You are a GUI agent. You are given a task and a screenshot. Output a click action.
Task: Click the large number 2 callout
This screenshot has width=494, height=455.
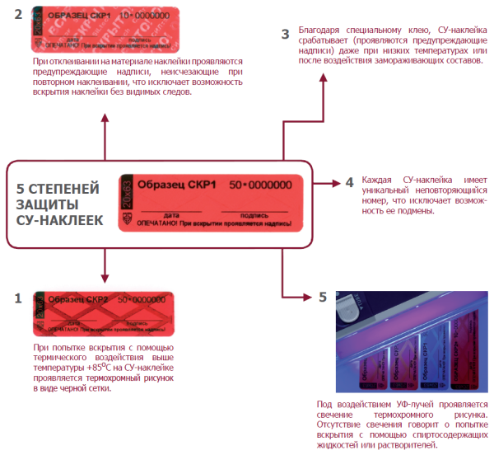(x=17, y=15)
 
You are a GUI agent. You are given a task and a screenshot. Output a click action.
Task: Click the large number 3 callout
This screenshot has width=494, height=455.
(x=285, y=34)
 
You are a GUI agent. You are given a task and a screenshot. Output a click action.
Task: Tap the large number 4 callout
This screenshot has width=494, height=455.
(x=349, y=181)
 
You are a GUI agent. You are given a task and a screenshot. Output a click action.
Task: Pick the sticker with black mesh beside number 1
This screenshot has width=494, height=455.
(x=102, y=312)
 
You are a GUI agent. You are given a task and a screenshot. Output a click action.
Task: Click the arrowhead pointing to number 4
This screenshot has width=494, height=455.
(x=335, y=181)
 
